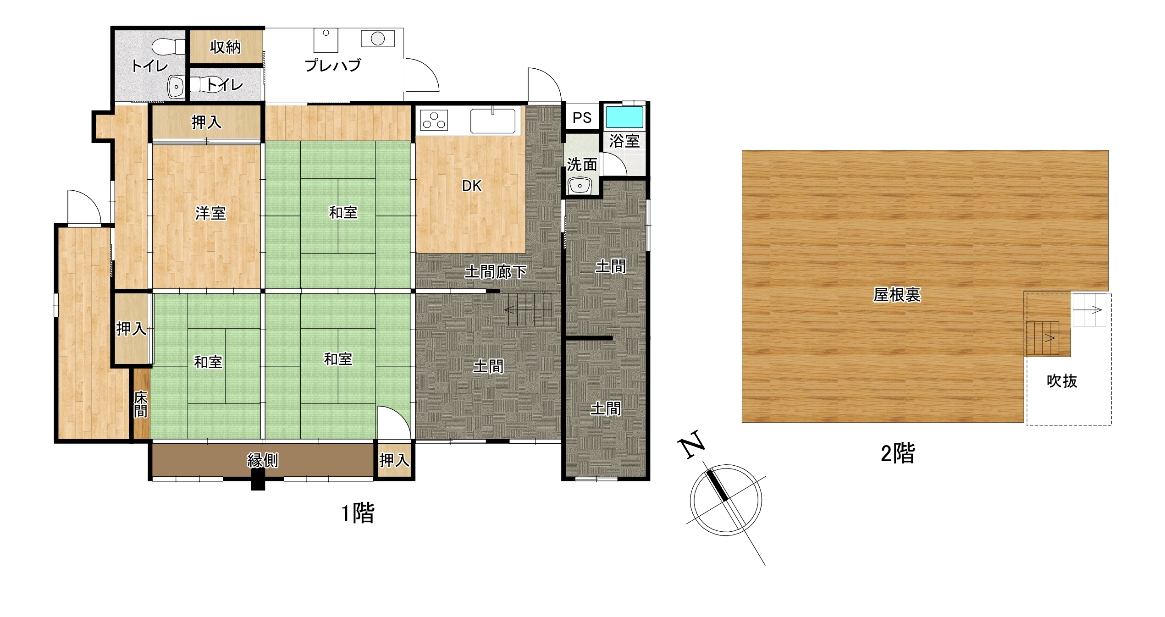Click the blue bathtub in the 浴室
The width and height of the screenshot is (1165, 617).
[x=624, y=117]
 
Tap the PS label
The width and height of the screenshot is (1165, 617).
[x=582, y=118]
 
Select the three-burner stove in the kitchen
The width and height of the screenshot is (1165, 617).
[x=434, y=121]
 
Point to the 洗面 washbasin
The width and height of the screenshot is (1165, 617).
[x=580, y=186]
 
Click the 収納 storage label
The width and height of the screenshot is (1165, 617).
[x=225, y=47]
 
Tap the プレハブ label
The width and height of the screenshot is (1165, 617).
[x=333, y=65]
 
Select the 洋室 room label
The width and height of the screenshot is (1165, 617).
[x=210, y=213]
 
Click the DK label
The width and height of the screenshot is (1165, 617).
[x=472, y=186]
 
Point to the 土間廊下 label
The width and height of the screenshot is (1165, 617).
[x=496, y=272]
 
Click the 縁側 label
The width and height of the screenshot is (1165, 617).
[x=263, y=460]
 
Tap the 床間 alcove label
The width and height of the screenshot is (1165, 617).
[x=141, y=404]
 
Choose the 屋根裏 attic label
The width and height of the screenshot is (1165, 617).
[x=897, y=295]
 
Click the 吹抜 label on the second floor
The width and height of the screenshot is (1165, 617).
[x=1062, y=381]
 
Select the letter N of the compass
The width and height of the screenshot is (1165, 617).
[x=691, y=444]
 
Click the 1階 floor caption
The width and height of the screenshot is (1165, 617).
[x=358, y=513]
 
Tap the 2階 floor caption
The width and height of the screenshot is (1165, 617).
[x=898, y=454]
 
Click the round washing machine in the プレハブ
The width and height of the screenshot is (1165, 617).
[x=377, y=39]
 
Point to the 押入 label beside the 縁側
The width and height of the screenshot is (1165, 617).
[x=394, y=460]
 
